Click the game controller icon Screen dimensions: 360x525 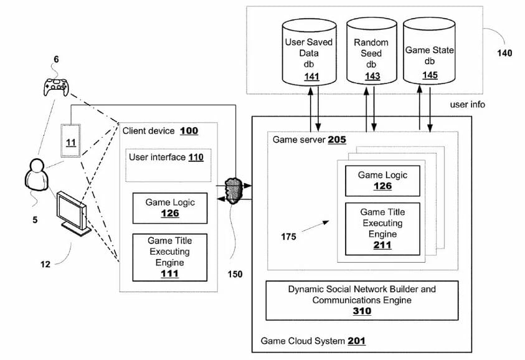[x=55, y=87]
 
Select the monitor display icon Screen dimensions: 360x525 [x=71, y=212]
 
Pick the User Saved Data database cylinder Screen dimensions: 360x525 [x=309, y=54]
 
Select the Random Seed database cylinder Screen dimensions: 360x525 [x=372, y=54]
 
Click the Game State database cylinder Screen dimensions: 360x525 [x=429, y=54]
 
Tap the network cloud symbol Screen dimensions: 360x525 [x=234, y=189]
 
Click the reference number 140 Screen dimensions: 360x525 [x=504, y=53]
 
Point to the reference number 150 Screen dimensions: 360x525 [x=234, y=273]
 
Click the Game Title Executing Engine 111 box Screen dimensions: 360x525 [x=170, y=256]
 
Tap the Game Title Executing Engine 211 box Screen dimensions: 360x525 [x=382, y=229]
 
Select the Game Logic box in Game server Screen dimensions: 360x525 [x=382, y=181]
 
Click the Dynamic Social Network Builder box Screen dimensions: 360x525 [x=362, y=300]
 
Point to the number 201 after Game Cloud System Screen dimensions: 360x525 [x=357, y=341]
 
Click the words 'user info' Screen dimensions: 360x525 [x=467, y=104]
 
